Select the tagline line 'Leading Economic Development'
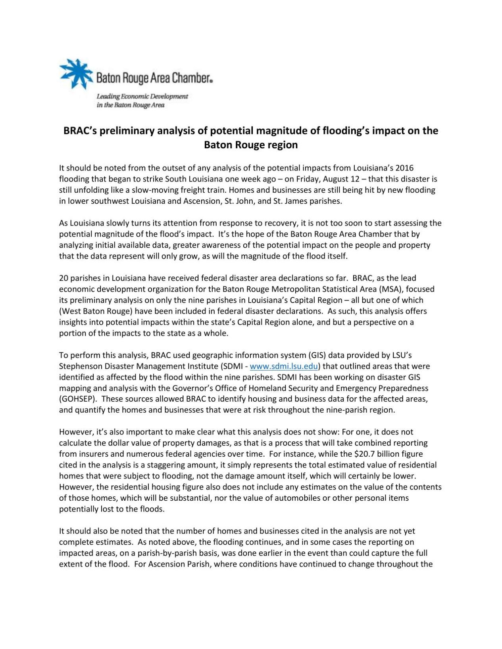[142, 96]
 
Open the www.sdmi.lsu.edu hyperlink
[284, 366]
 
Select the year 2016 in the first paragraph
[404, 168]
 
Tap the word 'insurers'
[95, 454]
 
